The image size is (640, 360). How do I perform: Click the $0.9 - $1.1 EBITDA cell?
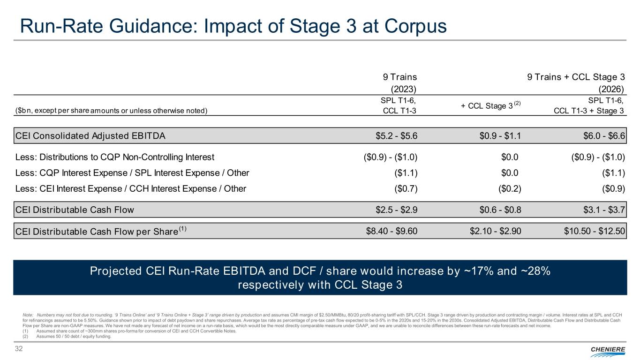click(x=498, y=135)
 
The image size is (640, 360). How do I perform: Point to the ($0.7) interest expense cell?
click(x=406, y=189)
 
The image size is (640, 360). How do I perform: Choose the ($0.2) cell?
click(x=508, y=189)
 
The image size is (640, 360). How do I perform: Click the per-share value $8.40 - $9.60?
click(x=391, y=231)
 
